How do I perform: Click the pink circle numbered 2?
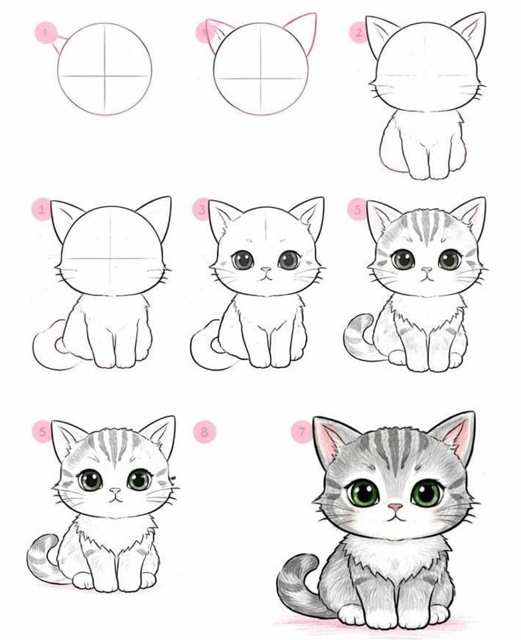pos(359,33)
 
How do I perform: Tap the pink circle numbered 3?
pos(202,210)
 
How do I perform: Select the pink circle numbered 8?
pos(204,431)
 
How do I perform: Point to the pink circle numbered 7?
pos(302,431)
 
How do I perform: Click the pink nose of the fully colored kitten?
pos(395,507)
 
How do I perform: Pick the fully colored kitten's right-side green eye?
pos(426,494)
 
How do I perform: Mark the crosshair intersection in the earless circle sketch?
pos(104,76)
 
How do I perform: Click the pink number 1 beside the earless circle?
pos(45,33)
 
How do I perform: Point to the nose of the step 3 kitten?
pos(265,270)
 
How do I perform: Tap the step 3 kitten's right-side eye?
pos(289,260)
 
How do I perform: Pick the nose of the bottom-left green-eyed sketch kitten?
pos(115,490)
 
